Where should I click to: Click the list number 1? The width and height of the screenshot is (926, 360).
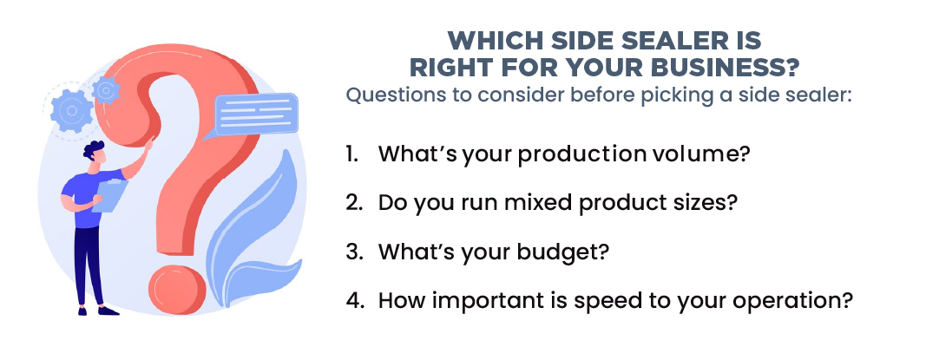click(352, 154)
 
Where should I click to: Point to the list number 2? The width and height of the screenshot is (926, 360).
click(354, 203)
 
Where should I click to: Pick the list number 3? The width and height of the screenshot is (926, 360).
click(354, 252)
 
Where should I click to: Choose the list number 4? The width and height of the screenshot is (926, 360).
click(354, 300)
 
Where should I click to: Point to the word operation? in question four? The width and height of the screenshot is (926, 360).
click(793, 302)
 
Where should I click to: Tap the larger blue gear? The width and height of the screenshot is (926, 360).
click(71, 111)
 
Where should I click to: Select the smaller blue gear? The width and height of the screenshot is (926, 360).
click(106, 90)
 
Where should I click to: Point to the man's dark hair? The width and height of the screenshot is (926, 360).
click(93, 150)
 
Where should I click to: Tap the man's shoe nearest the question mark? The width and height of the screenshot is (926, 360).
click(108, 311)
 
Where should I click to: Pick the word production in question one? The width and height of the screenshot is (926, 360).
click(567, 155)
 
